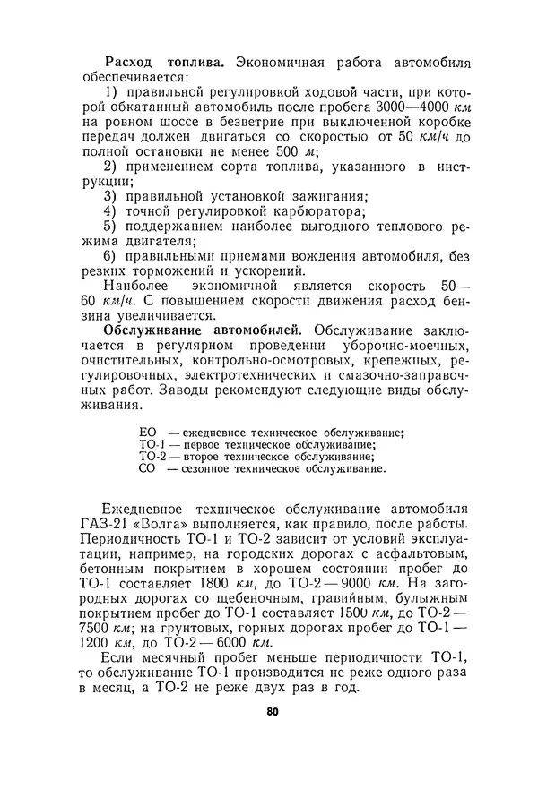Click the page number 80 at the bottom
(273, 711)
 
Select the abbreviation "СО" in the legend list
(148, 467)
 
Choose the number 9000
(331, 586)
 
